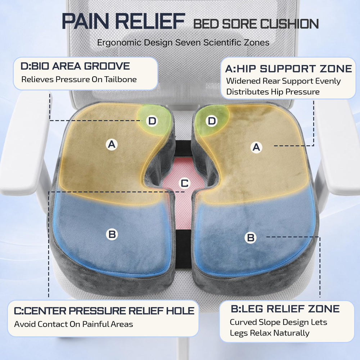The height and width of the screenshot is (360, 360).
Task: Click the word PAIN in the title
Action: pos(85,21)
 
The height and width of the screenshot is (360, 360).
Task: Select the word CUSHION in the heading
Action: pos(289,24)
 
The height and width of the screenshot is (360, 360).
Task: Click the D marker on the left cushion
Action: pos(152,121)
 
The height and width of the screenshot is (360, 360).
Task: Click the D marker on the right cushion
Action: pos(212,121)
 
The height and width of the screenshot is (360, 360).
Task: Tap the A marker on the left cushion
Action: pos(112,144)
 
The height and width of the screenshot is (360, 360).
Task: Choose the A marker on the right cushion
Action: pos(256,147)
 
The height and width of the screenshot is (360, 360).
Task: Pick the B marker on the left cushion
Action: pos(112,234)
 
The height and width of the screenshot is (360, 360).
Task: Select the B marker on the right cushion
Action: pos(251,238)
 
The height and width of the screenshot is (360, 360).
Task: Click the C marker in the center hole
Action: pos(185,183)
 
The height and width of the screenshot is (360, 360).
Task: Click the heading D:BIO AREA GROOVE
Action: pos(75,66)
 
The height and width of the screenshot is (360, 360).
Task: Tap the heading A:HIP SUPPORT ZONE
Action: pos(289,69)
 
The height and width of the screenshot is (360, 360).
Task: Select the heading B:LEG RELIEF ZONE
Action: pos(285,309)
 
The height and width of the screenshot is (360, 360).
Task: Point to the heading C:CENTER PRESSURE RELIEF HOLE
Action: pos(104,311)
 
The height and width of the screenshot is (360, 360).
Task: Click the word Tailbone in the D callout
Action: pos(121,80)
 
